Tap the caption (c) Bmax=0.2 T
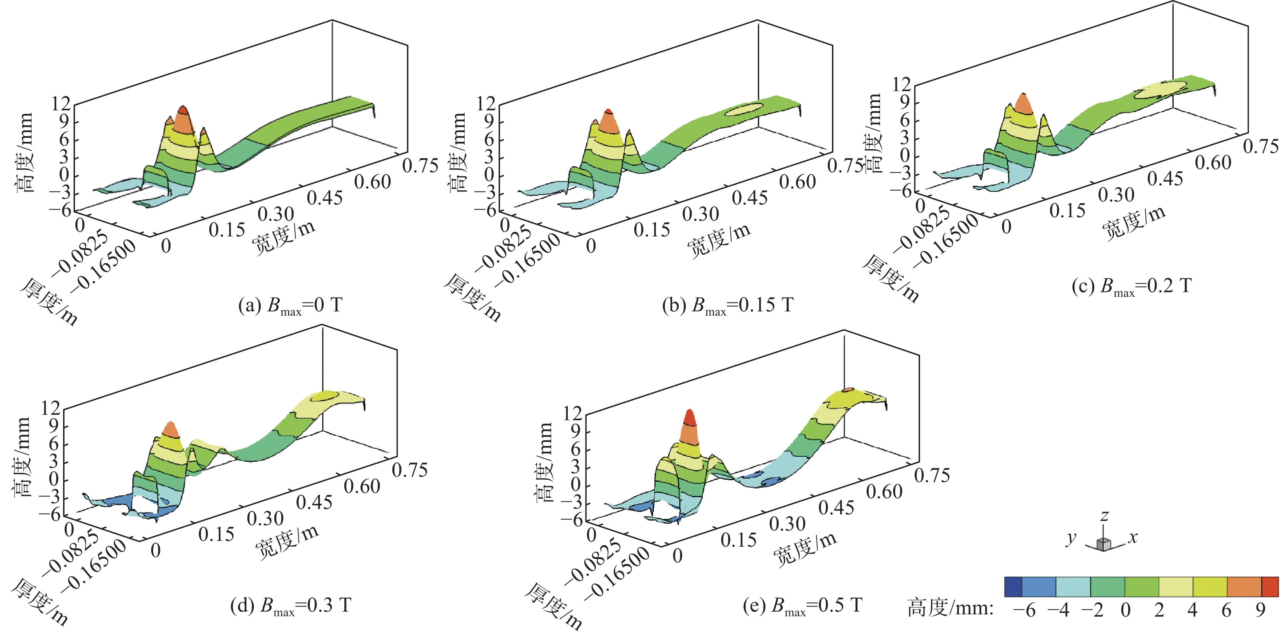click(x=1132, y=286)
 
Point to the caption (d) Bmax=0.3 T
click(x=290, y=605)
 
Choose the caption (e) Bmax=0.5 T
click(x=802, y=605)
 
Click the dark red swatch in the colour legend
click(x=1270, y=587)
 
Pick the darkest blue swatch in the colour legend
click(x=1013, y=587)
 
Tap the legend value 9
click(x=1261, y=610)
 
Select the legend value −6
click(x=1024, y=610)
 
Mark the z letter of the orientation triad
click(x=1105, y=516)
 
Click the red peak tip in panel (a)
click(x=182, y=110)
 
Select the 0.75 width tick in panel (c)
click(x=1260, y=147)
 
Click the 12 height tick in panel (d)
click(x=50, y=408)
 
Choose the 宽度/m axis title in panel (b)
click(x=719, y=239)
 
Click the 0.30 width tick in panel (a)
click(x=276, y=214)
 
